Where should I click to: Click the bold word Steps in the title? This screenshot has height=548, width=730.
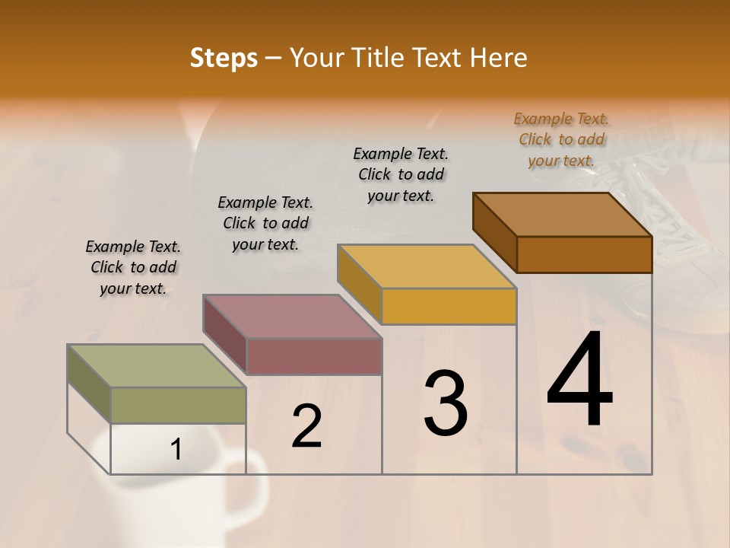(224, 58)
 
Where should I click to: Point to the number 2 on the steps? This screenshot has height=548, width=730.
(306, 427)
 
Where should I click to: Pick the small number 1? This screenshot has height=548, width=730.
(176, 450)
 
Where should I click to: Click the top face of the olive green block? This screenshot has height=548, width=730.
(157, 365)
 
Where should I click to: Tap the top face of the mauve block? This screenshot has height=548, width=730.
(291, 316)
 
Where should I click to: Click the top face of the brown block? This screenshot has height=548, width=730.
(562, 214)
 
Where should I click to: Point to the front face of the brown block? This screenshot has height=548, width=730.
(584, 254)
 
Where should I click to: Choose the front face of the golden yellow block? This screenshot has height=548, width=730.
(449, 306)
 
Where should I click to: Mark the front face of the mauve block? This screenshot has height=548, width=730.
(314, 356)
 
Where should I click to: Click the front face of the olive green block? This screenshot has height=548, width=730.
(179, 405)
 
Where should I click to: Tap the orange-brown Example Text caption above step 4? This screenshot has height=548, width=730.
(561, 139)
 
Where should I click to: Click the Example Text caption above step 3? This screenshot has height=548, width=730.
(401, 174)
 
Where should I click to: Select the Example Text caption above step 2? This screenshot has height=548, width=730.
(265, 223)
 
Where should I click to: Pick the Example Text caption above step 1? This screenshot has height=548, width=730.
(133, 267)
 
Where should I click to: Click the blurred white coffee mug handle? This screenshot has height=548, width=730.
(255, 487)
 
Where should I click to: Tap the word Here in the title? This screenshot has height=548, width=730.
(500, 58)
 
